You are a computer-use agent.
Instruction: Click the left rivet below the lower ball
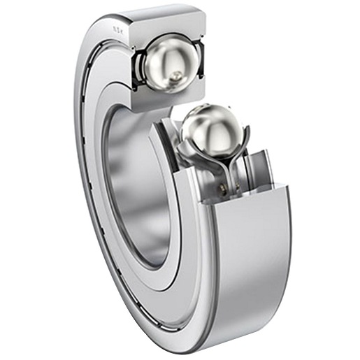point(223,185)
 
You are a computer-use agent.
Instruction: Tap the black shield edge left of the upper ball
point(136,68)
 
